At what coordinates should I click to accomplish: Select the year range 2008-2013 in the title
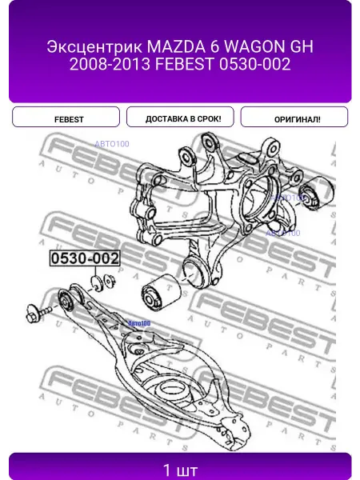coord(110,64)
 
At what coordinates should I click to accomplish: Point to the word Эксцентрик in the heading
coord(95,47)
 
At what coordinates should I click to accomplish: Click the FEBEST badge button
coord(66,117)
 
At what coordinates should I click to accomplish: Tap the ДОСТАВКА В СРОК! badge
coord(180,117)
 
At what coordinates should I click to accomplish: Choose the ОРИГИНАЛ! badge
coord(294,117)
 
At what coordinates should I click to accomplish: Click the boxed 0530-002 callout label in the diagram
coord(85,258)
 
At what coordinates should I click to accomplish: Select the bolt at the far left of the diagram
coord(38,313)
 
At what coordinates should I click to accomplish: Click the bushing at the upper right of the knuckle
coord(316,193)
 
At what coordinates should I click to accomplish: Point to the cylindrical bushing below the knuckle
coord(161,292)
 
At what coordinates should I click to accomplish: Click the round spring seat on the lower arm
coord(172,391)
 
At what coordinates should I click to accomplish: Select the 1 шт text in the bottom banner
coord(180,470)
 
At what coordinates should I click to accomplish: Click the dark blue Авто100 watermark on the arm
coord(139,323)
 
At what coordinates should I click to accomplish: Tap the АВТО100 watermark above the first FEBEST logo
coord(112,144)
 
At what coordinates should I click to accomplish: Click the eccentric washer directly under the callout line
coord(97,283)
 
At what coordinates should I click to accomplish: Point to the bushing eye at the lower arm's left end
coord(66,301)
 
